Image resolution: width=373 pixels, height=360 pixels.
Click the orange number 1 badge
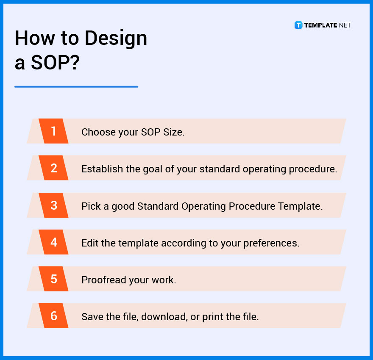pyautogui.click(x=53, y=131)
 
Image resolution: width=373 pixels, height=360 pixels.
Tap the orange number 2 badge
pyautogui.click(x=53, y=168)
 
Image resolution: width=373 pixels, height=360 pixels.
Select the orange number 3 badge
pyautogui.click(x=53, y=205)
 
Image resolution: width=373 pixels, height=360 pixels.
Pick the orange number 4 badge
pyautogui.click(x=53, y=242)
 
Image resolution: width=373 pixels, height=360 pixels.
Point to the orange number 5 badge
pyautogui.click(x=53, y=279)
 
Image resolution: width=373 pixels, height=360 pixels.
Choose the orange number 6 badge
pyautogui.click(x=53, y=316)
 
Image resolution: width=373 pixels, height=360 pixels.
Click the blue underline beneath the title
pyautogui.click(x=76, y=87)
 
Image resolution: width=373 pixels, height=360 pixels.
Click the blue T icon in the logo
pyautogui.click(x=298, y=25)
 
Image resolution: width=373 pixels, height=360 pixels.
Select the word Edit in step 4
pyautogui.click(x=89, y=243)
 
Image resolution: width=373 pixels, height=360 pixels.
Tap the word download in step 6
pyautogui.click(x=164, y=316)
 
